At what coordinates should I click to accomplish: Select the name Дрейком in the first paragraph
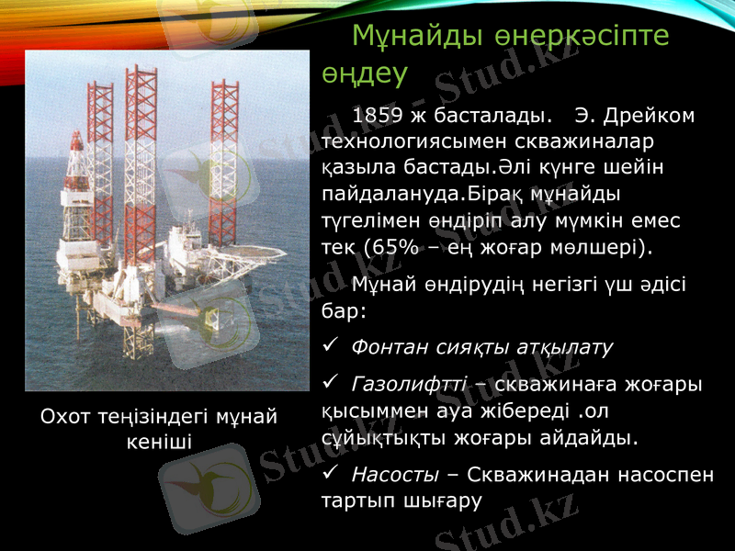coord(650,117)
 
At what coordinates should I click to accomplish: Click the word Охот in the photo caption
coord(65,417)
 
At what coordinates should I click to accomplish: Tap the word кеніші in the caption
coord(158,442)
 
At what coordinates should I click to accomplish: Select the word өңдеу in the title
coord(365,73)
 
